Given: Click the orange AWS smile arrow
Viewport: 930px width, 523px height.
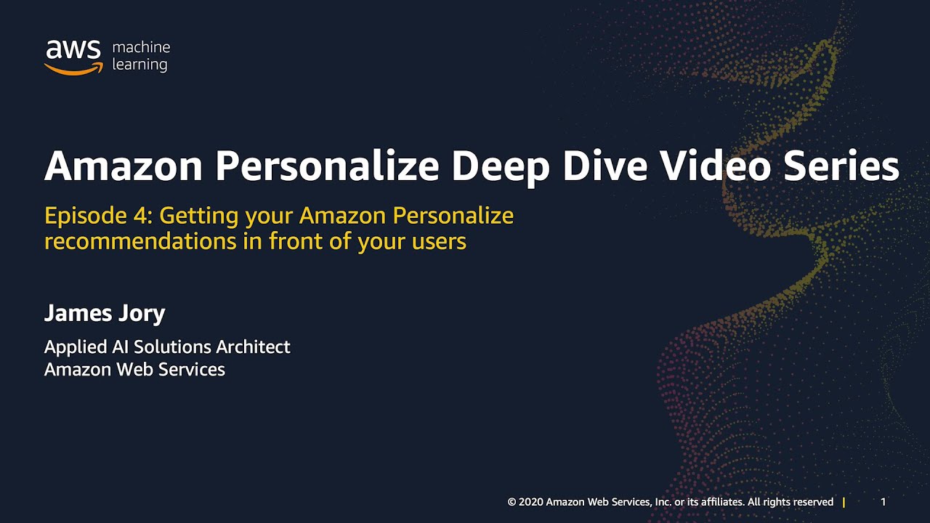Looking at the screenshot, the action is [73, 70].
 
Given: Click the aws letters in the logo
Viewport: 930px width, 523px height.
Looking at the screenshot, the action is [73, 49].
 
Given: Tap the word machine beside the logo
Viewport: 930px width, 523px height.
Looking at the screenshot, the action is [141, 47].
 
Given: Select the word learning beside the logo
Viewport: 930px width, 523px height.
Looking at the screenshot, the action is [140, 65].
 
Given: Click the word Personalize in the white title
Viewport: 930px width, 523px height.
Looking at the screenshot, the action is [327, 166].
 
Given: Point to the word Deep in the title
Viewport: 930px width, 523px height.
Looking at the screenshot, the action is [501, 167].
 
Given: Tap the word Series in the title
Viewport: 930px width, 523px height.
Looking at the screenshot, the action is [841, 166].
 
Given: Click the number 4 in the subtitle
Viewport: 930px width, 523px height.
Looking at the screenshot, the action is [142, 216].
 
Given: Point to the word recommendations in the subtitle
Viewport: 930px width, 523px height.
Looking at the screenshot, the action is [140, 241].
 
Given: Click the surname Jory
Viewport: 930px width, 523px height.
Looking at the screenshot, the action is [142, 313].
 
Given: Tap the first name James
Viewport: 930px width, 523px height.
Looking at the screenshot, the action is [78, 313].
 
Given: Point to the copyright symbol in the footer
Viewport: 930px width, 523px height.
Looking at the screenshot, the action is [511, 502].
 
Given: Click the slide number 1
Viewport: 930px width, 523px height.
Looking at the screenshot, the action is [883, 502].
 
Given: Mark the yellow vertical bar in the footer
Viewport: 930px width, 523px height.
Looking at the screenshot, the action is [844, 502].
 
